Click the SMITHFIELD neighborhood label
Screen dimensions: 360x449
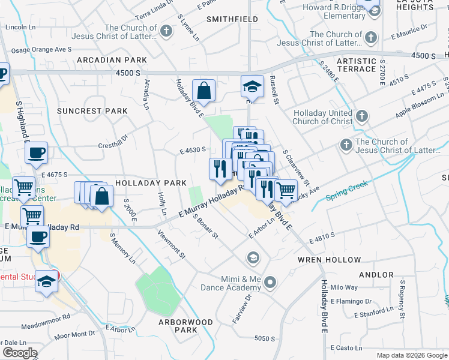[x=228, y=19]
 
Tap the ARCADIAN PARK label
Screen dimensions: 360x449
[x=111, y=61]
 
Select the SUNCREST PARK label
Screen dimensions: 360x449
[x=92, y=111]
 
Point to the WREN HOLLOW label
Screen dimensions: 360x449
[x=330, y=260]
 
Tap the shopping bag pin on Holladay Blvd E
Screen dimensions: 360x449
[x=204, y=91]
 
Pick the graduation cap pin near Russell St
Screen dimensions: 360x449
[x=252, y=86]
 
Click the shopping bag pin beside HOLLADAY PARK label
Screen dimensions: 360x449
[x=102, y=196]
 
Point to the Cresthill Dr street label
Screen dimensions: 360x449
[x=113, y=141]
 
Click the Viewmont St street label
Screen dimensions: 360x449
[x=171, y=245]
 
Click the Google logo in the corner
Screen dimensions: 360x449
[x=20, y=353]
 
